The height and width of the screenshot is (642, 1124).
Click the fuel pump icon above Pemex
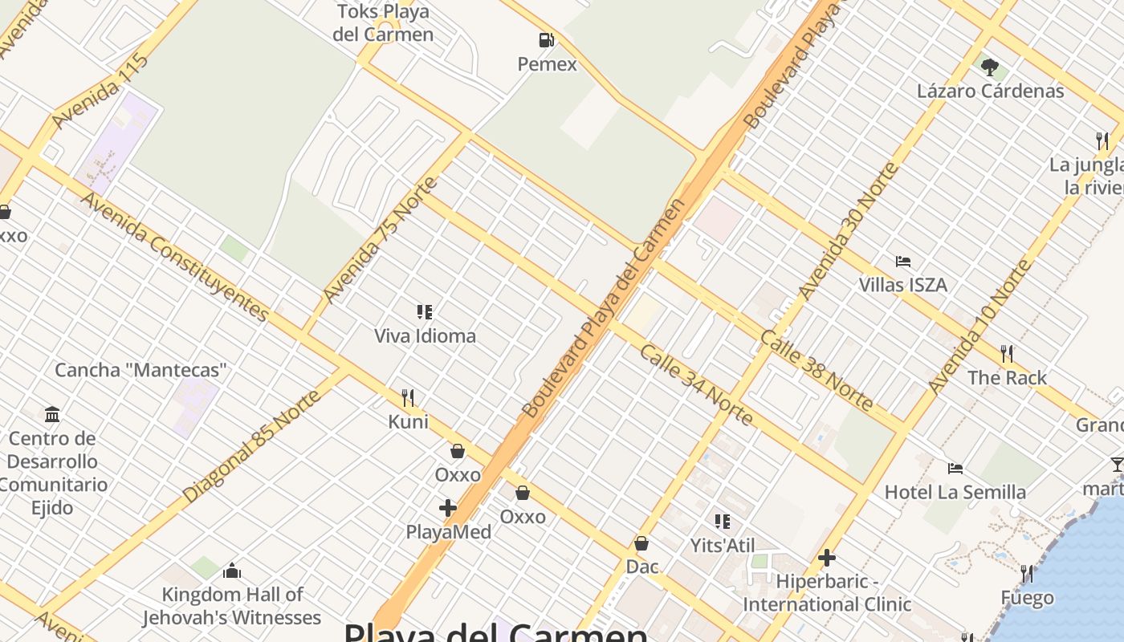(x=546, y=39)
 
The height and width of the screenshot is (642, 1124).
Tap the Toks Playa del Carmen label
(x=383, y=23)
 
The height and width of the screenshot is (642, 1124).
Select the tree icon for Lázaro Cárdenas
(x=990, y=67)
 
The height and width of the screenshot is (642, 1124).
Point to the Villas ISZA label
(x=903, y=285)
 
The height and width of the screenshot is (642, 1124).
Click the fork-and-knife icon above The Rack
(x=1007, y=353)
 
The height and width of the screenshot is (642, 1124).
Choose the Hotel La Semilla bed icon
(x=955, y=468)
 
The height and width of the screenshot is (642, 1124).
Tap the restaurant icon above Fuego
(x=1027, y=573)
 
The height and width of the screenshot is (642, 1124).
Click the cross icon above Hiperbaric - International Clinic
(x=827, y=558)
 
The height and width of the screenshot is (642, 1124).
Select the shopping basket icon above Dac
(x=641, y=543)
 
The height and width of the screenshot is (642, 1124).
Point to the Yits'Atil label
(x=723, y=546)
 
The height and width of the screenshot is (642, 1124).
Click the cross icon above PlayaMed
(x=448, y=508)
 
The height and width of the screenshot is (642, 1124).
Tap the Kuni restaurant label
(x=409, y=421)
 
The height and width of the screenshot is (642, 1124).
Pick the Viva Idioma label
(x=425, y=335)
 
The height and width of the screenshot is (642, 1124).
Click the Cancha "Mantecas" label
(x=141, y=370)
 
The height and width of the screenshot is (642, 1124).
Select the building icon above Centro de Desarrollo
(x=52, y=414)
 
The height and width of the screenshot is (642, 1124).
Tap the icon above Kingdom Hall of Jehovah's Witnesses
(x=232, y=571)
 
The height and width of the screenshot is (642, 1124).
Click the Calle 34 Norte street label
(x=697, y=385)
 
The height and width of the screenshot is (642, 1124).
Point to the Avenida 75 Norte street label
(x=381, y=240)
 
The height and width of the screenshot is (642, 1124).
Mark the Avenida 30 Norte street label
(x=849, y=230)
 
